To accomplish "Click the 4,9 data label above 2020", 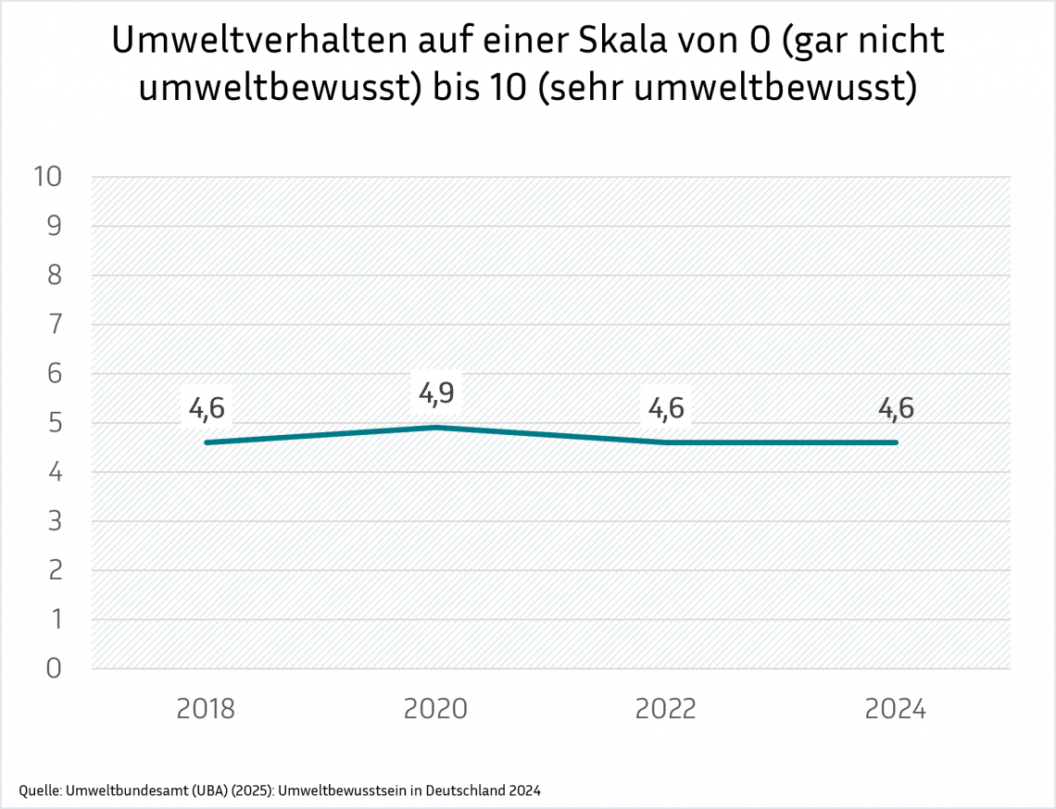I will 435,392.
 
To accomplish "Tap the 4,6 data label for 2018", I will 206,407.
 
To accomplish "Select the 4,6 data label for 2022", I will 666,407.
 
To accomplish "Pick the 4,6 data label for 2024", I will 895,407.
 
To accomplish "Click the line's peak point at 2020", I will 436,427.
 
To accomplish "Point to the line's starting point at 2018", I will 207,442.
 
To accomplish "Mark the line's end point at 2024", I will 895,442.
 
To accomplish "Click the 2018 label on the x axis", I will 206,709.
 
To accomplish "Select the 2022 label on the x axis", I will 666,709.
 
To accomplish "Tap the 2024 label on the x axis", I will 895,709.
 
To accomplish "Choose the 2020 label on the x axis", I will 435,709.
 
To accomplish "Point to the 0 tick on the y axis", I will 53,668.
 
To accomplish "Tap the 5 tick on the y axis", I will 53,423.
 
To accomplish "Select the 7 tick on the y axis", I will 53,325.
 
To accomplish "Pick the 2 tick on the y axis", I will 53,570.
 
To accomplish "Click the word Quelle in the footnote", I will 38,790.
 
